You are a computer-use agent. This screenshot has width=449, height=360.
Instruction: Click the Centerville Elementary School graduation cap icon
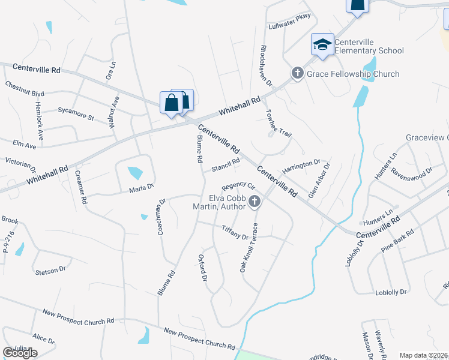(x=322, y=44)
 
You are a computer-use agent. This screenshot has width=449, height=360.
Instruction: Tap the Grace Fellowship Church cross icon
(x=297, y=73)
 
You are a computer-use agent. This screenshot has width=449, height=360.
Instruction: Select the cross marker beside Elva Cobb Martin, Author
(x=255, y=202)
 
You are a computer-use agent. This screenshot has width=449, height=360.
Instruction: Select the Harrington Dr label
(x=301, y=167)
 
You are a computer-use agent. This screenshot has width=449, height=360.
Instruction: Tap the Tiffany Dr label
(x=235, y=232)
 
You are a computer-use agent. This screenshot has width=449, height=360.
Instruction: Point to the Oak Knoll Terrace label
(x=250, y=246)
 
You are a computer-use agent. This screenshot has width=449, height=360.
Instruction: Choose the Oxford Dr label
(x=203, y=268)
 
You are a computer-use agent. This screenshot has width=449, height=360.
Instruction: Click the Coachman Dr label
(x=161, y=217)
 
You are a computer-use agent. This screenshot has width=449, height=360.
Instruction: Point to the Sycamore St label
(x=76, y=113)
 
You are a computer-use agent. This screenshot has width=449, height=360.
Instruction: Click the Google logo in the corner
(x=19, y=353)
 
